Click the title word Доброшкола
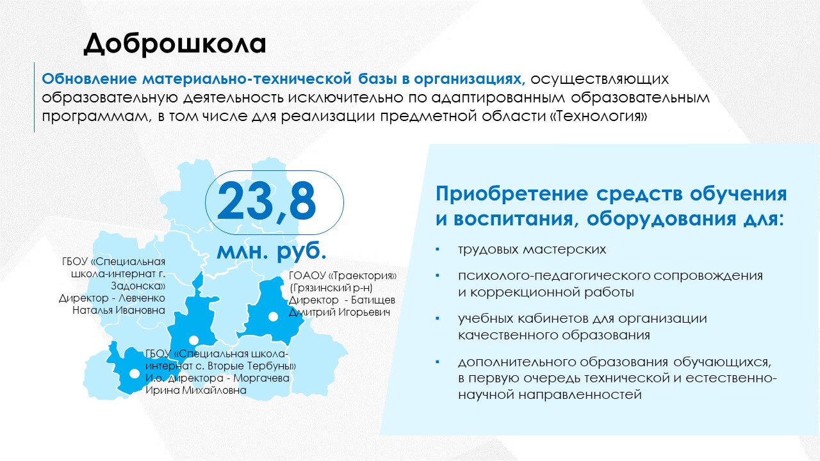175,44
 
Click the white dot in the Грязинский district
273,317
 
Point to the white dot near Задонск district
193,341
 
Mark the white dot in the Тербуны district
135,373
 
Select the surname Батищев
373,300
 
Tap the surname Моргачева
261,378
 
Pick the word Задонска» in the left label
138,286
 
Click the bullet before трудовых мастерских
438,250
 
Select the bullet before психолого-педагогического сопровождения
438,275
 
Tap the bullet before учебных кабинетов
438,319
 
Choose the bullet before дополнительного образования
438,362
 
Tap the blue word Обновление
89,79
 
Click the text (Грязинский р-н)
331,288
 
